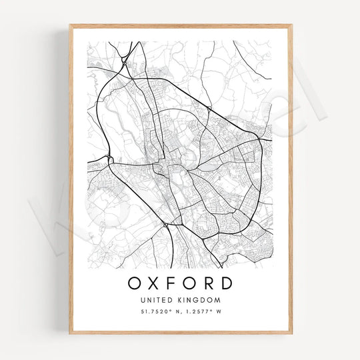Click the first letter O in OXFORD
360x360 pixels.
click(x=135, y=283)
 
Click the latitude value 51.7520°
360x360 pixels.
click(x=154, y=312)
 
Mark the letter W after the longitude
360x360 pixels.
click(x=218, y=312)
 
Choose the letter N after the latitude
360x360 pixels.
click(x=175, y=312)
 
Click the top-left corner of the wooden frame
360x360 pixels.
click(x=70, y=26)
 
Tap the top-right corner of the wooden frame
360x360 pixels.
click(x=291, y=26)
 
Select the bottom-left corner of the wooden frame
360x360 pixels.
click(x=70, y=332)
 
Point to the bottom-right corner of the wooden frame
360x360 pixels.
click(x=291, y=332)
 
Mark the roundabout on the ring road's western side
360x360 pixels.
click(x=109, y=159)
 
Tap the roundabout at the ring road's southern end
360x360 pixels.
click(x=165, y=226)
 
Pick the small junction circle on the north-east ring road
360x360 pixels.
click(x=209, y=108)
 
